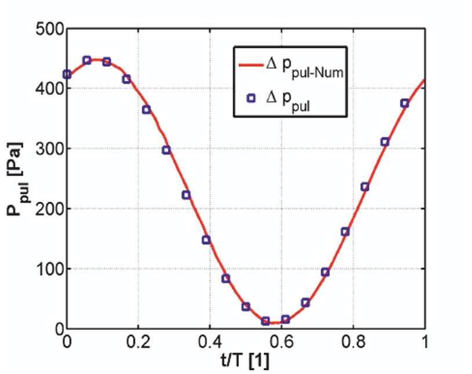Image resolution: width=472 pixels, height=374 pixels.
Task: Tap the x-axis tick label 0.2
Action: pos(138,342)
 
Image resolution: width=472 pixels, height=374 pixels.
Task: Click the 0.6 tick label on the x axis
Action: pos(282,342)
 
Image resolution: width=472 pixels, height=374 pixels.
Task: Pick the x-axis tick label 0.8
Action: pos(354,342)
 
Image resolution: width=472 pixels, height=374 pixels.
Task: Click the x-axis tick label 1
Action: pos(425,342)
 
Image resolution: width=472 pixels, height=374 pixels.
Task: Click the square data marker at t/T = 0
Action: pos(67,74)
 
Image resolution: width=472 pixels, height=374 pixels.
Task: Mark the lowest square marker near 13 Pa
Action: pos(266,321)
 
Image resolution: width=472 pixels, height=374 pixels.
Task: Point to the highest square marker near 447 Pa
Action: pos(87,60)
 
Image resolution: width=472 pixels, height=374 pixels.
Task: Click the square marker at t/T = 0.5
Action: pos(246,306)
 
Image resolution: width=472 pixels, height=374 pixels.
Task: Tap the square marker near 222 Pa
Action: pos(186,195)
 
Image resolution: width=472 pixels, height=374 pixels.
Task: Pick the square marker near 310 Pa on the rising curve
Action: pos(385,141)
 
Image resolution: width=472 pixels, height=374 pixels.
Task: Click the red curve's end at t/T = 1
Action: pos(424,81)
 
